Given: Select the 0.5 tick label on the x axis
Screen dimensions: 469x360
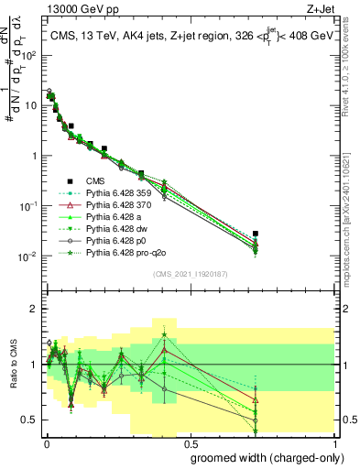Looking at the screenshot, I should coord(190,442).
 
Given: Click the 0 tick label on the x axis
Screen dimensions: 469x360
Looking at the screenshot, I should coord(47,442).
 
